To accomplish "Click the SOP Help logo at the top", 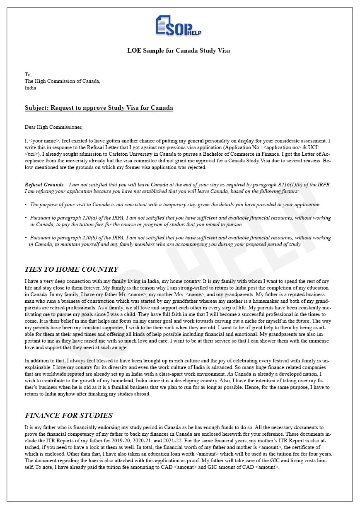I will (179, 26).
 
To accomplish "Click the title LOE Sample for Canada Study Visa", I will (179, 51).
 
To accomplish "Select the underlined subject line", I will (99, 108).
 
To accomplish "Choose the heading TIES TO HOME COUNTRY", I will (71, 270).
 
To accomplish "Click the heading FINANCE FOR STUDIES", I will (68, 415).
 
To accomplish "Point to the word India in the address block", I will (30, 88).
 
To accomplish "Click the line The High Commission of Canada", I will (62, 81).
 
